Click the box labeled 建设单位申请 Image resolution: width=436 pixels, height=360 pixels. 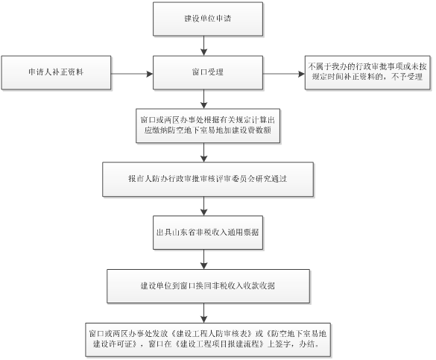(208, 19)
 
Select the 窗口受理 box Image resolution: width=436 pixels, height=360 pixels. (208, 72)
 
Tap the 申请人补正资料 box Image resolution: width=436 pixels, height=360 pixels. (56, 72)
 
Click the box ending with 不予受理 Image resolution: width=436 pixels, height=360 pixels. (367, 72)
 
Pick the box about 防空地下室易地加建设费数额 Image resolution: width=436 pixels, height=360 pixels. (208, 126)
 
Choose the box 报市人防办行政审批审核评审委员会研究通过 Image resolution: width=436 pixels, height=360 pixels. (208, 180)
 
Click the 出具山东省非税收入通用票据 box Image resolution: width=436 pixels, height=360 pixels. (208, 233)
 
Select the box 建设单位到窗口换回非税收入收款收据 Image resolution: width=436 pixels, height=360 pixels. (208, 286)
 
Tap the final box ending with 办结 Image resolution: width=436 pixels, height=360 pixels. (208, 339)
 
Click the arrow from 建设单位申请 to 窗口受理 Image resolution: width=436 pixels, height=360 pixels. (203, 45)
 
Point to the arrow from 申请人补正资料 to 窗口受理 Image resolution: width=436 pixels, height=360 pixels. (132, 74)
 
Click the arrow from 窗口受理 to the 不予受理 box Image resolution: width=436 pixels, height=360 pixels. (284, 74)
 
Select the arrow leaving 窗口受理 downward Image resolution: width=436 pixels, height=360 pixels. (203, 99)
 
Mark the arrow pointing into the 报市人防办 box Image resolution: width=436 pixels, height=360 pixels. (203, 153)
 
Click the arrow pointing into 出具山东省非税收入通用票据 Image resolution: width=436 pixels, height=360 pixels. (203, 206)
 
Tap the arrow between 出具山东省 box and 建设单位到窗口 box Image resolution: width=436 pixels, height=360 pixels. (203, 259)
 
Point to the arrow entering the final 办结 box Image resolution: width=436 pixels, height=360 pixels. (203, 313)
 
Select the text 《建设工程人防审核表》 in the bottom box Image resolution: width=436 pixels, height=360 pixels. (212, 333)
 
